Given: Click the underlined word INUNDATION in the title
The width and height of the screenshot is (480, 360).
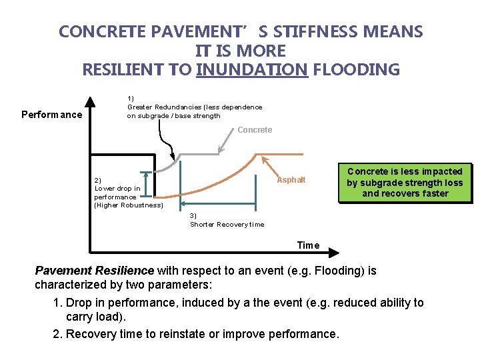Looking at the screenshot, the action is [x=252, y=69].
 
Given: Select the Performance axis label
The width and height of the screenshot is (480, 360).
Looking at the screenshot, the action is [x=52, y=115].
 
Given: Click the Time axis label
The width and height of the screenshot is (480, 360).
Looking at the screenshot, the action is [x=308, y=245].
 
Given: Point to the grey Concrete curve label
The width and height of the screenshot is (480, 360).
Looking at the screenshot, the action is [x=255, y=129].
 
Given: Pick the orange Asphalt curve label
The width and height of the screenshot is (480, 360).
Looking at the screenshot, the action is [x=291, y=180].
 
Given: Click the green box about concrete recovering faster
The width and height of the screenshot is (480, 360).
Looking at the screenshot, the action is [x=405, y=183].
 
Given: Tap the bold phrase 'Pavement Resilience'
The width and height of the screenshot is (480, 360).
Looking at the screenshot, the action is [x=94, y=271].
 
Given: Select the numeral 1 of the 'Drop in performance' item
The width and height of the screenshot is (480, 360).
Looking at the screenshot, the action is [x=56, y=303].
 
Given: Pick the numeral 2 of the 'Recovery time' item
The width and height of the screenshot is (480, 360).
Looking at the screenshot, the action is [x=56, y=334].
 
